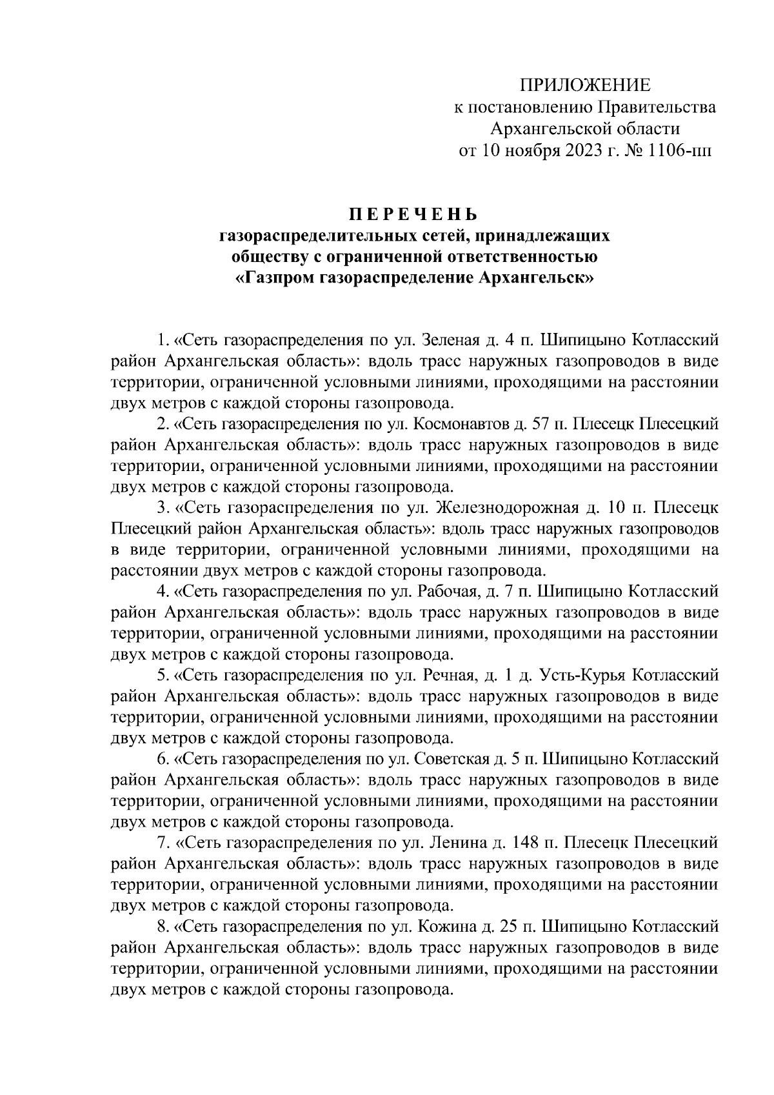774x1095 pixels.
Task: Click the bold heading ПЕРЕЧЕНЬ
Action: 414,214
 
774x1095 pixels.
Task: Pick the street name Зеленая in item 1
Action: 449,339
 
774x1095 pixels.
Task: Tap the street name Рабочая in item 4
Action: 451,591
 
